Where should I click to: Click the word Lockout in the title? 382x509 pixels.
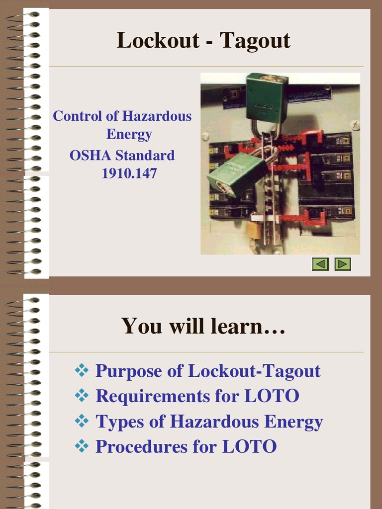[x=158, y=41]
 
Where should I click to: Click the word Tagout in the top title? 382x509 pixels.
[x=255, y=41]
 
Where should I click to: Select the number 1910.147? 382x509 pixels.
[x=129, y=173]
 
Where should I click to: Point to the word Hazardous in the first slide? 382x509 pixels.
[x=157, y=116]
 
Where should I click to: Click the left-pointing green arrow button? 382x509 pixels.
[x=320, y=264]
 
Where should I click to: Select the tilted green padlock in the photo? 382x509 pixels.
[x=236, y=174]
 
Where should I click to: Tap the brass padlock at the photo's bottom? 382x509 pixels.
[x=254, y=230]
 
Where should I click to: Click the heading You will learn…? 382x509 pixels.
[x=203, y=326]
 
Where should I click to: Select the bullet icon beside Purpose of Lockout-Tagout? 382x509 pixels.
[x=81, y=370]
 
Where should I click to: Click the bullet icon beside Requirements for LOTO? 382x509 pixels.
[x=81, y=395]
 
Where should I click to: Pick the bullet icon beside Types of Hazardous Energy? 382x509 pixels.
[x=81, y=421]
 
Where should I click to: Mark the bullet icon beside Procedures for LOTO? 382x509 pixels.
[x=81, y=446]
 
